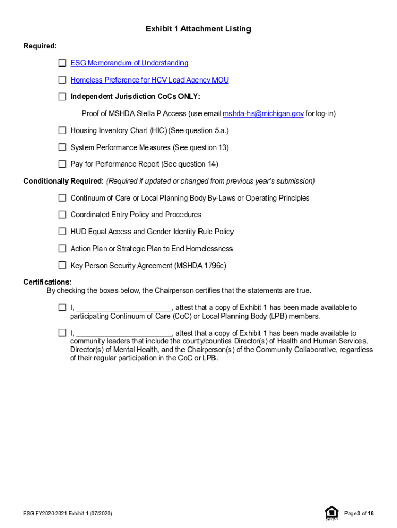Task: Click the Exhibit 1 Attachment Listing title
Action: tap(198, 29)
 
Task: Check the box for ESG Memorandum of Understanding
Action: tap(62, 63)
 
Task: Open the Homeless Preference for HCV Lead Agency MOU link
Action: tap(150, 80)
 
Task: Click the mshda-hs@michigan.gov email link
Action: tap(263, 113)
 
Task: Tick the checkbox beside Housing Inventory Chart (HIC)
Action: tap(62, 130)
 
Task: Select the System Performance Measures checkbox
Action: tap(62, 147)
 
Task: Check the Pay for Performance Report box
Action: tap(62, 164)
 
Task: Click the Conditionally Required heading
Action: tap(63, 181)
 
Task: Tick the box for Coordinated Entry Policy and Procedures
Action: tap(62, 214)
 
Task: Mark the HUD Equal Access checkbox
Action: tap(62, 232)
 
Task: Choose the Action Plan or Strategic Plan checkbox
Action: tap(62, 249)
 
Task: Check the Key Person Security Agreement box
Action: tap(62, 266)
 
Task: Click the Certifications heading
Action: tap(47, 282)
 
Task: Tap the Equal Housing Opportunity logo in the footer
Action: tap(332, 513)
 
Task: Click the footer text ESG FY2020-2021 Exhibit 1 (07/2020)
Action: tap(68, 514)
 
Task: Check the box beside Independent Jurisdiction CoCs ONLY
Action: tap(62, 96)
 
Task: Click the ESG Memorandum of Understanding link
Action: tap(129, 63)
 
